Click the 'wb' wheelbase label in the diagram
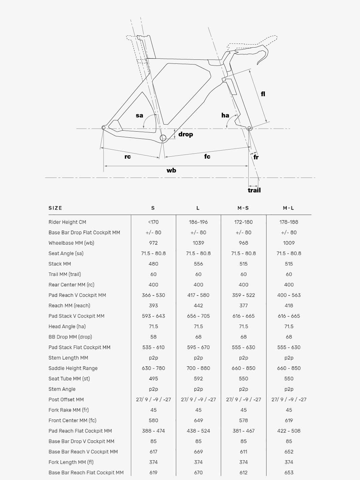pos(171,170)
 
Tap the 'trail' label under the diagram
pos(254,190)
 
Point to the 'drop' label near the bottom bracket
pos(186,134)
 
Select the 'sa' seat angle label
pos(139,115)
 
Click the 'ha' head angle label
pos(225,115)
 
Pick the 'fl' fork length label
pos(263,94)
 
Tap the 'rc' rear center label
pos(128,157)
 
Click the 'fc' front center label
pos(207,156)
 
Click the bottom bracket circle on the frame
pos(163,138)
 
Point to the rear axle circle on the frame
pos(104,128)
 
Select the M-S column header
pos(243,208)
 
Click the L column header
pos(198,208)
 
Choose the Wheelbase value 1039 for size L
pos(198,243)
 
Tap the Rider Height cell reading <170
pos(153,222)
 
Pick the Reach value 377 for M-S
pos(243,305)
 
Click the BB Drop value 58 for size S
pos(153,337)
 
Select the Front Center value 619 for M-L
pos(289,420)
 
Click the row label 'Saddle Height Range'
pos(73,368)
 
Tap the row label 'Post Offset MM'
pos(66,400)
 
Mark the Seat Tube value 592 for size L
pos(198,379)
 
